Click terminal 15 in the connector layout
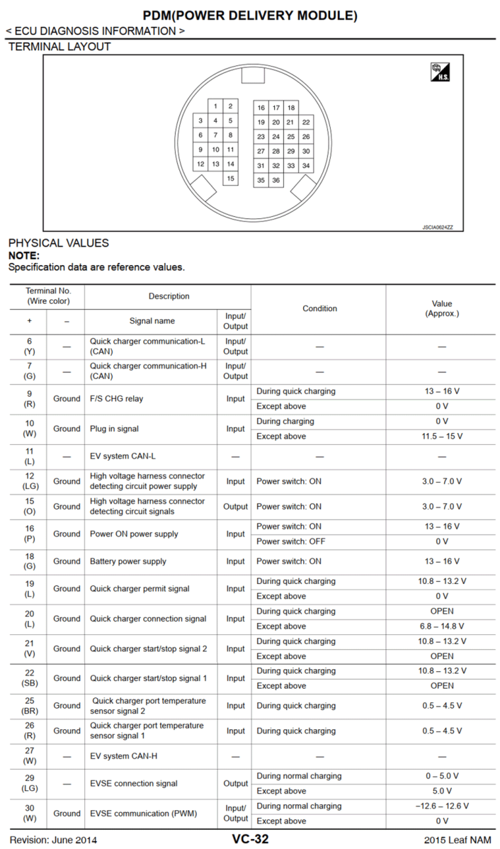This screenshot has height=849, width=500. (x=230, y=179)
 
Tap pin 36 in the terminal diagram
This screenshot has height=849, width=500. (x=276, y=181)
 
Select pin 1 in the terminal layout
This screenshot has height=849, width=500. (x=215, y=106)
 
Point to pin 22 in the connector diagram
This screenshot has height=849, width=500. (x=306, y=122)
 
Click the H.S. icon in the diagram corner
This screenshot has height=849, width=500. (x=440, y=72)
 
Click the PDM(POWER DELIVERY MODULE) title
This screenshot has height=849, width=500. (x=250, y=15)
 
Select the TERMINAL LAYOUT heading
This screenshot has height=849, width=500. (x=59, y=47)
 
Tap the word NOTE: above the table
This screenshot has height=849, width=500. (x=24, y=256)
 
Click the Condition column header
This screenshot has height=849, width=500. (x=319, y=308)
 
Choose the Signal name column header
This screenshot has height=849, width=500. (x=152, y=321)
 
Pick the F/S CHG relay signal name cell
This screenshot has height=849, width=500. (x=116, y=399)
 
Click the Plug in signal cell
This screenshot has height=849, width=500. (x=114, y=429)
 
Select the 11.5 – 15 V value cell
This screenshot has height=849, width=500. (x=442, y=437)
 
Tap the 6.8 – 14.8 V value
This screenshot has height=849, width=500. (x=442, y=626)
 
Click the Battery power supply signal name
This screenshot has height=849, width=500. (x=128, y=561)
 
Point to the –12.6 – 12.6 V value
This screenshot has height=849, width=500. (x=442, y=806)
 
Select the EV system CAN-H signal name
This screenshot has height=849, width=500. (x=123, y=756)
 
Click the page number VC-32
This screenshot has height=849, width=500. (x=250, y=840)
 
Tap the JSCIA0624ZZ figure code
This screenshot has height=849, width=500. (x=438, y=227)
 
